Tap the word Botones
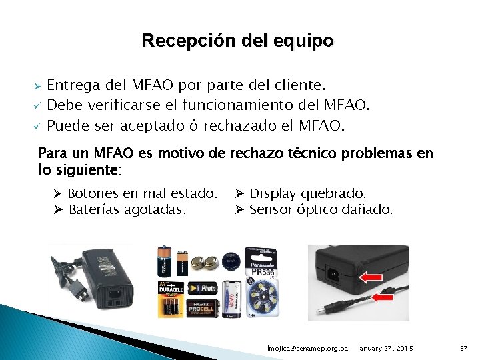click(93, 193)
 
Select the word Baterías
click(96, 209)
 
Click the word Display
click(273, 193)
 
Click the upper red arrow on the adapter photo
click(372, 276)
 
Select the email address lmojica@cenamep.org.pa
click(307, 349)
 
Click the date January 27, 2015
click(385, 349)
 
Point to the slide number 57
click(465, 349)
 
